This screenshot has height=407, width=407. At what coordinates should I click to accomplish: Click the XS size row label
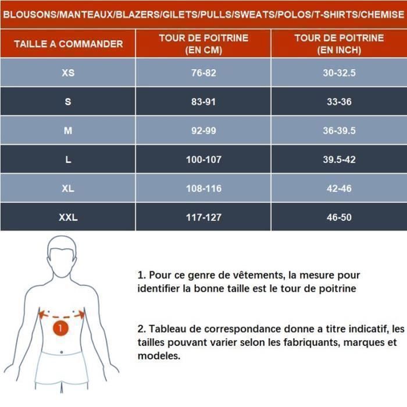[68, 73]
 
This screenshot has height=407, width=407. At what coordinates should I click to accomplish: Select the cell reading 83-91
[203, 102]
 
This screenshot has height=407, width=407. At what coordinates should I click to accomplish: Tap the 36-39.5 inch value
[339, 131]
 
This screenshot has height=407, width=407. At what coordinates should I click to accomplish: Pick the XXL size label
[68, 218]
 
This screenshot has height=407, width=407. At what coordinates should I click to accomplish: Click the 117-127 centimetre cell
[203, 218]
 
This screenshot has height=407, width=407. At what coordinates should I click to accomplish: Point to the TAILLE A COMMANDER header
[68, 44]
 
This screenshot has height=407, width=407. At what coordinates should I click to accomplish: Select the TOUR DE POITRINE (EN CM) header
[203, 44]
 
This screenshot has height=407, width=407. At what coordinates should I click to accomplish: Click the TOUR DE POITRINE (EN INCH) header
[339, 44]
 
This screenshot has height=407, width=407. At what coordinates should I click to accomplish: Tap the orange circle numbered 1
[61, 328]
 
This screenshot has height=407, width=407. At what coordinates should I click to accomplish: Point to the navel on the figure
[62, 351]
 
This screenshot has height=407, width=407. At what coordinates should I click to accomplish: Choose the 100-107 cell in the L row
[203, 160]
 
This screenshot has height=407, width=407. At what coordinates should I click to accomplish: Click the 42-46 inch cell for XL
[339, 189]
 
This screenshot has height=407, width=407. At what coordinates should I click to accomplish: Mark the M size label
[68, 131]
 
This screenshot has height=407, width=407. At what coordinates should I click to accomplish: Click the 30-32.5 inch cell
[339, 73]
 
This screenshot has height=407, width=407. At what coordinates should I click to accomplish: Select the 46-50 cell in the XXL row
[339, 218]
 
